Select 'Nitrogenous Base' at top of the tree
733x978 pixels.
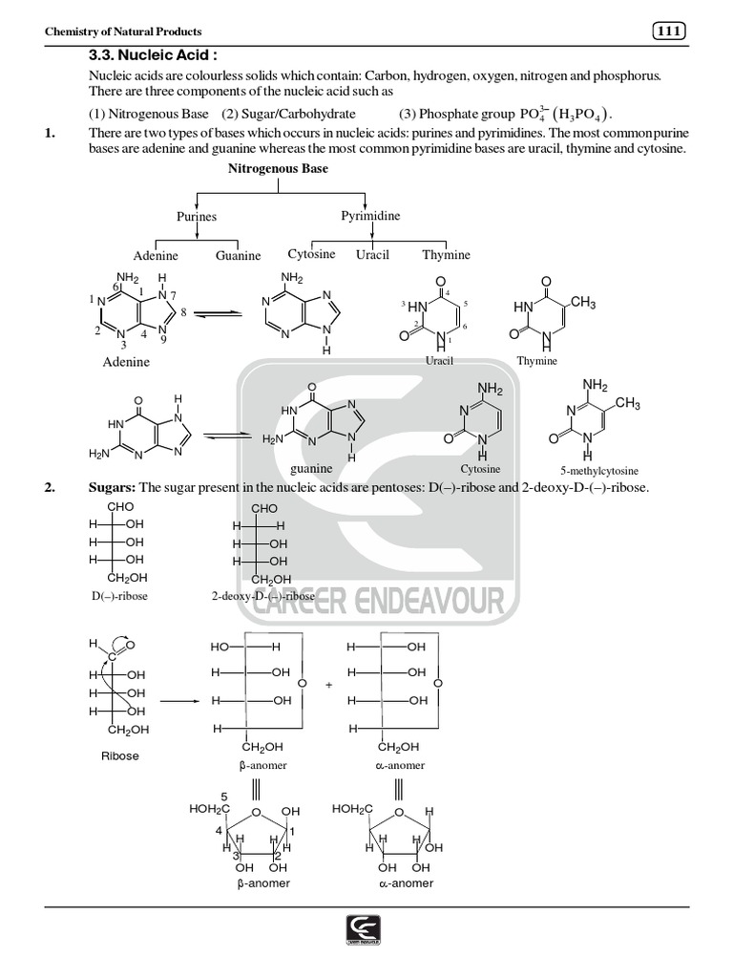click(x=278, y=169)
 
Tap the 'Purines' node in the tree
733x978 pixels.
click(x=197, y=217)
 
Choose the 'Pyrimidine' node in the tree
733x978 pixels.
click(x=370, y=216)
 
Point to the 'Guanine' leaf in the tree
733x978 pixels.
click(x=238, y=255)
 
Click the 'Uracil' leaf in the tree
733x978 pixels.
click(x=373, y=255)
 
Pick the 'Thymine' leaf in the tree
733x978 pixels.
click(x=446, y=255)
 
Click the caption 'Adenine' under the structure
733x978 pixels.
click(x=126, y=363)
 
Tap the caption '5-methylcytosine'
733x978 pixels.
click(x=599, y=471)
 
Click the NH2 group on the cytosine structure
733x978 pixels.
click(x=490, y=390)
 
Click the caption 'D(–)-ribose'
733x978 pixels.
click(x=119, y=596)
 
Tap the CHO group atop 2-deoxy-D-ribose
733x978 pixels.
click(x=264, y=509)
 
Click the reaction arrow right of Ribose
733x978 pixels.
click(x=179, y=701)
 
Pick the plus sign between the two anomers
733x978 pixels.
click(x=327, y=685)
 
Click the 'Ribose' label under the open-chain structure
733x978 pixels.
click(x=119, y=755)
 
